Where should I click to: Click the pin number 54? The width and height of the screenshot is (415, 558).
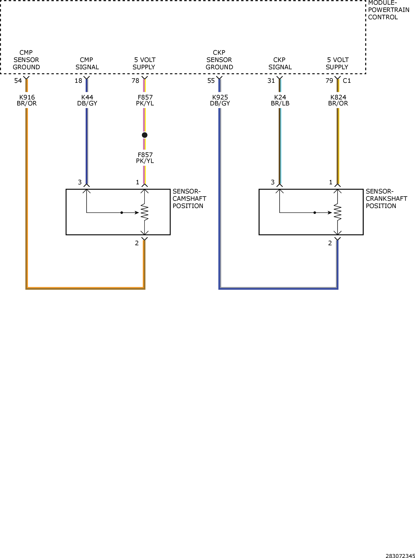(18, 81)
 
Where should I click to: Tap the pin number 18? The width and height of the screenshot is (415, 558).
(78, 81)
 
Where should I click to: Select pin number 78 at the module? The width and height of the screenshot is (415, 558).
(135, 81)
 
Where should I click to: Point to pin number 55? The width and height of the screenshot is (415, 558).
(211, 81)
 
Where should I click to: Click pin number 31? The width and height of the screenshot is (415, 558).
(271, 81)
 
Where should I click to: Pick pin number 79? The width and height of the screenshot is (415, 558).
(329, 81)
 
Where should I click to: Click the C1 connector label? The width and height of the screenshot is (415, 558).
(347, 81)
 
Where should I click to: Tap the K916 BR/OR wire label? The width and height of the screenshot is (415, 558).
(27, 100)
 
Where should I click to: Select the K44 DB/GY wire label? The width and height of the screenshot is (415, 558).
(87, 100)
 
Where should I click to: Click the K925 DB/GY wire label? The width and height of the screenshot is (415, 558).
(220, 100)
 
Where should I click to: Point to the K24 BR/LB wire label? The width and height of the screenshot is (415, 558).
(280, 100)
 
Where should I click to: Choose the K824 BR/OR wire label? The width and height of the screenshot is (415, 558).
(338, 100)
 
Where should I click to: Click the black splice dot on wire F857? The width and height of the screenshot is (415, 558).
(145, 135)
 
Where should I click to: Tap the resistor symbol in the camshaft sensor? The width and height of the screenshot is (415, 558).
(144, 212)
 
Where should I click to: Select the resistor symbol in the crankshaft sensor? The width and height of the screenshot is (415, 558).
(338, 212)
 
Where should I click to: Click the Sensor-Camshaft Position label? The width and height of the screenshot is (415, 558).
(189, 199)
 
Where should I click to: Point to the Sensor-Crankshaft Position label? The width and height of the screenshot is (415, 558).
(386, 199)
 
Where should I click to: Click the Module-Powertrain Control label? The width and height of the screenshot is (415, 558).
(389, 10)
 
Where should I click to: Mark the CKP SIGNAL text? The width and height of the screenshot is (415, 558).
(280, 64)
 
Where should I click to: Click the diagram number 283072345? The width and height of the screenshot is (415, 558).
(400, 556)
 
